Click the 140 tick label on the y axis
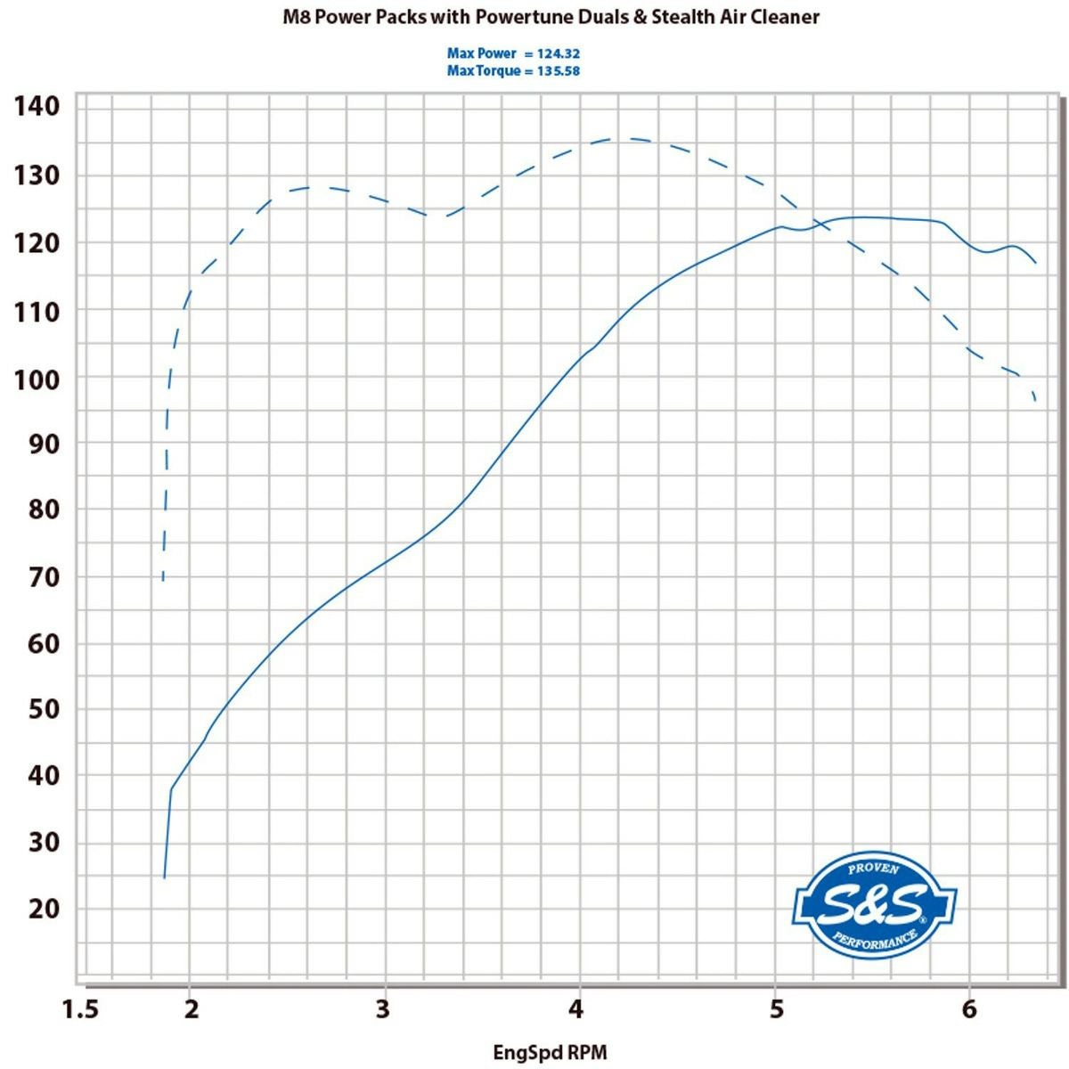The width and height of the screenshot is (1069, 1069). [x=37, y=106]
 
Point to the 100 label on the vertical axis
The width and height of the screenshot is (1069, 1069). [x=37, y=379]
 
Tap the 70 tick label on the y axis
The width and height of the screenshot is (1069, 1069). [x=42, y=577]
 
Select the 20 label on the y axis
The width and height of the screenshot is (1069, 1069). [x=42, y=909]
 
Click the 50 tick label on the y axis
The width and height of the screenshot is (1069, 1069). [x=42, y=709]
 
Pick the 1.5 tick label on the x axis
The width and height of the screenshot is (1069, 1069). [x=80, y=1009]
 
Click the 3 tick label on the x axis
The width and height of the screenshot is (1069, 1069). [x=384, y=1009]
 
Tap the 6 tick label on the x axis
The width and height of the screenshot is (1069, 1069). [x=968, y=1009]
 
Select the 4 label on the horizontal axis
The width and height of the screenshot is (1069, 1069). [x=577, y=1009]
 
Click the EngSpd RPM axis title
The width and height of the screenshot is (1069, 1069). [x=550, y=1053]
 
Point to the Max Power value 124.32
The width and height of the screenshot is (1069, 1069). [x=559, y=54]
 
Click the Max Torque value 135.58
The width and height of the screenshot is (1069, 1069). [x=559, y=71]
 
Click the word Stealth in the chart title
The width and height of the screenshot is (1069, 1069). [x=685, y=17]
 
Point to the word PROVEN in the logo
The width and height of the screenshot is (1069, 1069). [x=873, y=869]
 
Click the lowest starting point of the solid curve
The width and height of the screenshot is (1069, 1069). [x=164, y=878]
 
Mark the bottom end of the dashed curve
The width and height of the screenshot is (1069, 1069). [x=163, y=581]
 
